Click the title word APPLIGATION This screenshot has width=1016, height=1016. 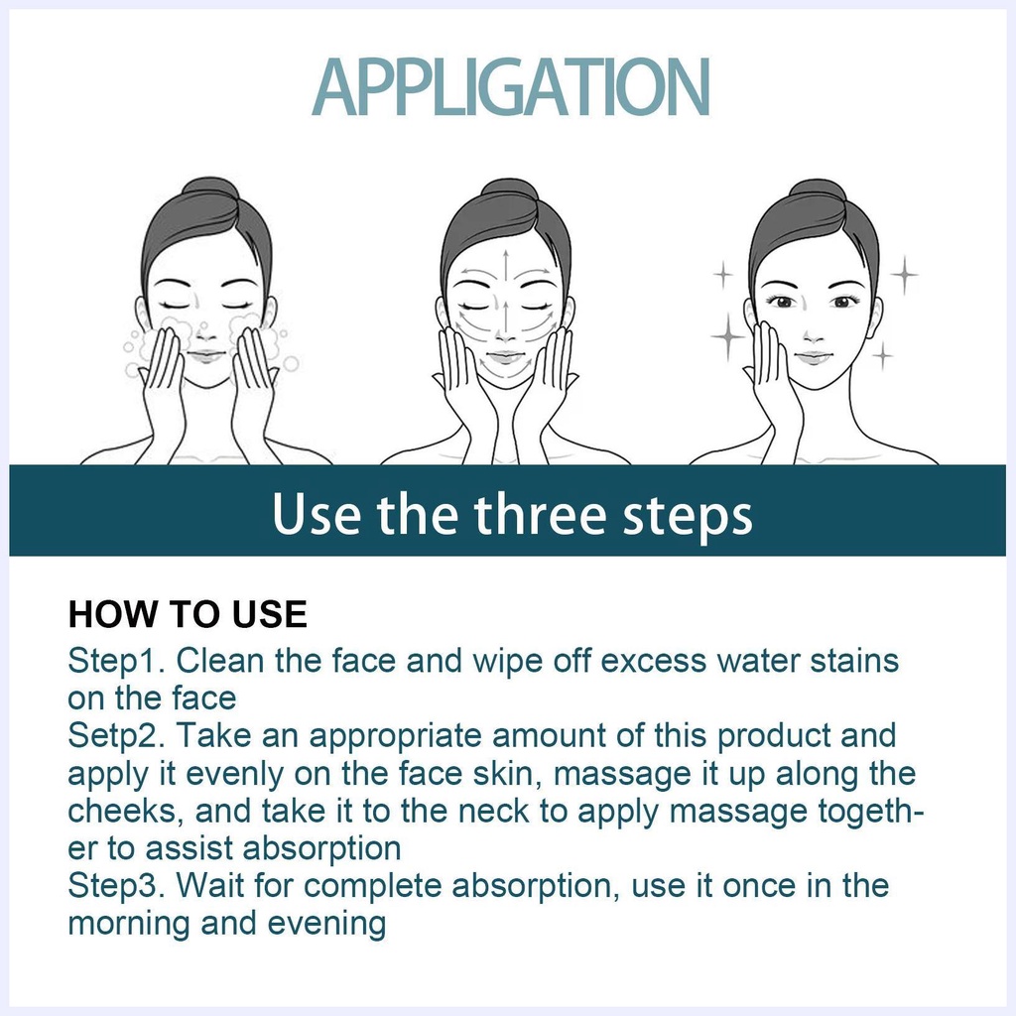511,87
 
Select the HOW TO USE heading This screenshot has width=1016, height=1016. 188,614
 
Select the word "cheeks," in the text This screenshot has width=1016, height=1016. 122,812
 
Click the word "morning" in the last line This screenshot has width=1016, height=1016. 129,924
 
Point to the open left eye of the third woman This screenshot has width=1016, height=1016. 782,302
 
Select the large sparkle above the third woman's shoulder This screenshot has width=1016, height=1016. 728,335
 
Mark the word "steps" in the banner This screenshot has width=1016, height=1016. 688,516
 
